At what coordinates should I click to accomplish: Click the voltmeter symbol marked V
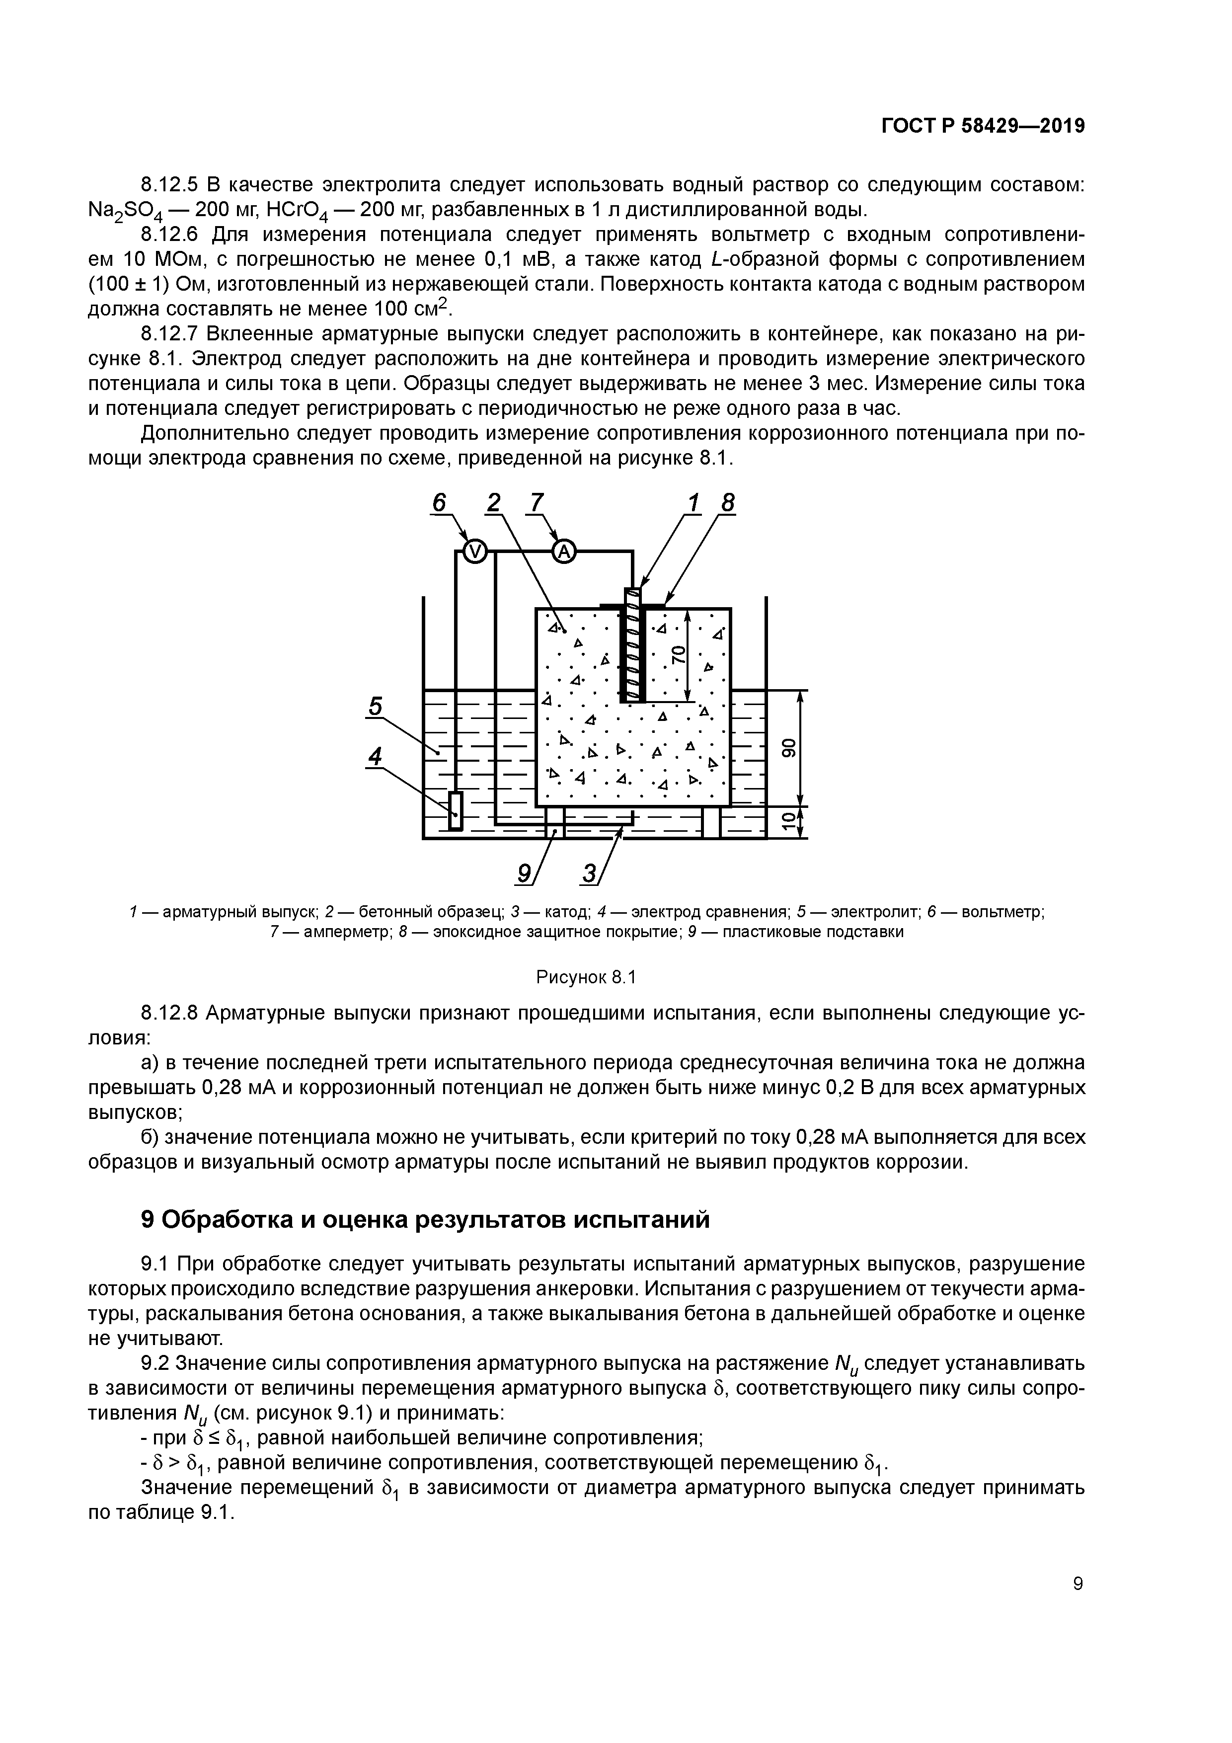coord(473,553)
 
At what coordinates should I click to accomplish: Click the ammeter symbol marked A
coord(563,553)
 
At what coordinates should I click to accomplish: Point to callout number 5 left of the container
coord(375,706)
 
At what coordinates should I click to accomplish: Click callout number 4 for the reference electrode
coord(375,756)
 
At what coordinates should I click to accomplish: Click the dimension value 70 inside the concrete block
coord(678,654)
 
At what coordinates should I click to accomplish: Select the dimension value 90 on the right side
coord(789,748)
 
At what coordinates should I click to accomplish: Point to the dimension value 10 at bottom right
coord(789,820)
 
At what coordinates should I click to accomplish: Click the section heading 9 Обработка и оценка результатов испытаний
coord(426,1219)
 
